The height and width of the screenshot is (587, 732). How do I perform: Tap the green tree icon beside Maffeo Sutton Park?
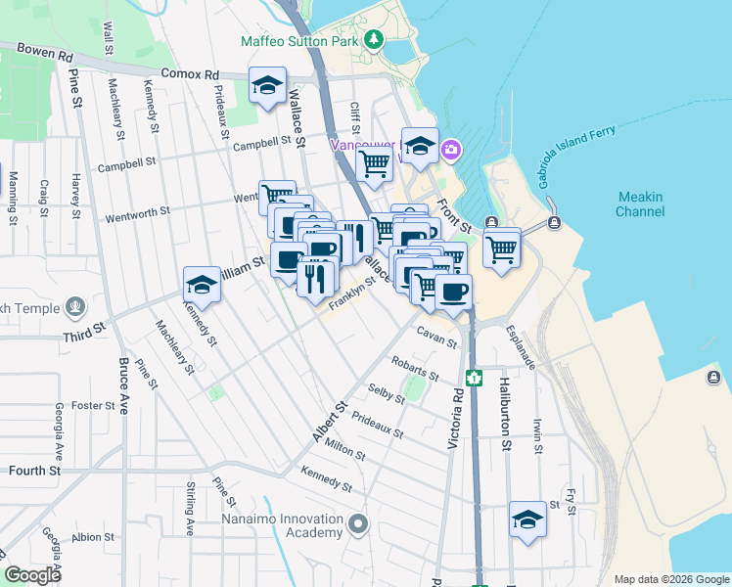(372, 40)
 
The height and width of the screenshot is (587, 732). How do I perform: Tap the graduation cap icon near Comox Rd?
(267, 85)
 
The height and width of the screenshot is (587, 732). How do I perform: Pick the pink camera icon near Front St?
(451, 150)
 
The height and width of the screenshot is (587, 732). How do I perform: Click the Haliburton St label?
(506, 415)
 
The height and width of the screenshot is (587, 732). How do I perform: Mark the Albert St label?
(330, 421)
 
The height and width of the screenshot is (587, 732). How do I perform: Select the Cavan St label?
(436, 338)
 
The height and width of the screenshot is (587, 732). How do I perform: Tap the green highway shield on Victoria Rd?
(475, 378)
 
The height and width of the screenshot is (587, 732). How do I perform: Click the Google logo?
(33, 575)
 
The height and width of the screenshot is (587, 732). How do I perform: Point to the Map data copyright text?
(671, 579)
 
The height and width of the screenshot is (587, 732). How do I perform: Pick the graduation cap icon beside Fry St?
(527, 519)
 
